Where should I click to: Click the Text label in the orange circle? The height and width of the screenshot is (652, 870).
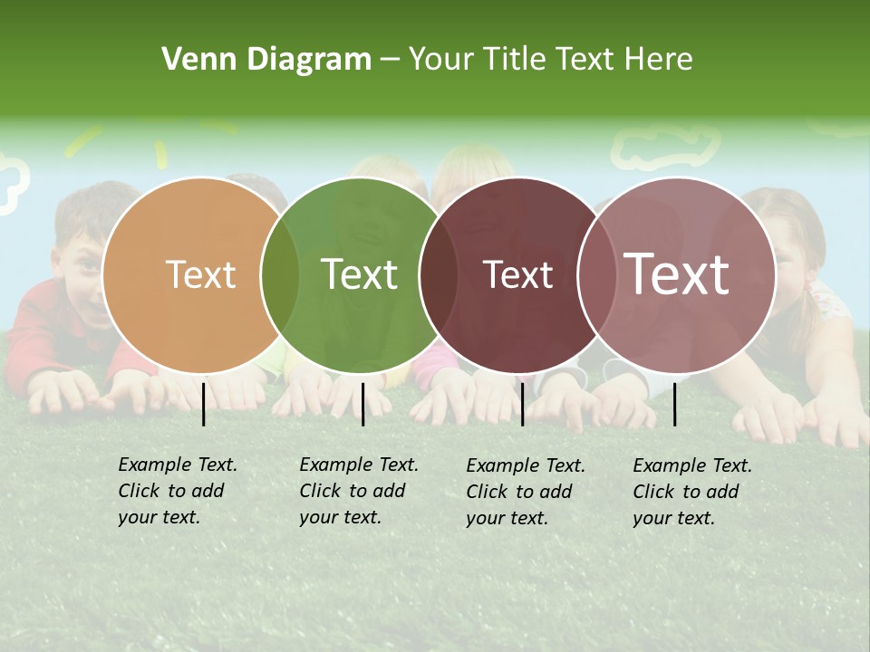click(200, 274)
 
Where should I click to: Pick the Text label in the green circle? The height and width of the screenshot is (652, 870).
click(359, 274)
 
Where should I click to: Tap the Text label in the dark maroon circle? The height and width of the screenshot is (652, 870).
click(517, 274)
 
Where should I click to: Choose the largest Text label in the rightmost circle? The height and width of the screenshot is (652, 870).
click(676, 274)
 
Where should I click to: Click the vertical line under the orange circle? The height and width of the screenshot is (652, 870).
click(204, 404)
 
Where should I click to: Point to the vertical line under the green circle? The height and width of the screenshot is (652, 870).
click(362, 404)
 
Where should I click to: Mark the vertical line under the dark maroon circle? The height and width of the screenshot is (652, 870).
click(522, 404)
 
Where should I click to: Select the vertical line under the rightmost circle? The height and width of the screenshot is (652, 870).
click(675, 404)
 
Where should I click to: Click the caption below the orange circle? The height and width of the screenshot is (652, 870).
click(177, 491)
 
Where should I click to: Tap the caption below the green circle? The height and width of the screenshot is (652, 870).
click(358, 491)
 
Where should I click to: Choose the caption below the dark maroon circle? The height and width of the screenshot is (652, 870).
click(525, 492)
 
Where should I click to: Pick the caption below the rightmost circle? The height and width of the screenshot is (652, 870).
click(691, 492)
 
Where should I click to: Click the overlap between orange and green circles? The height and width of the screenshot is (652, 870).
click(280, 275)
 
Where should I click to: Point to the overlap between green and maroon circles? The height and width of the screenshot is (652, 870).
click(439, 275)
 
